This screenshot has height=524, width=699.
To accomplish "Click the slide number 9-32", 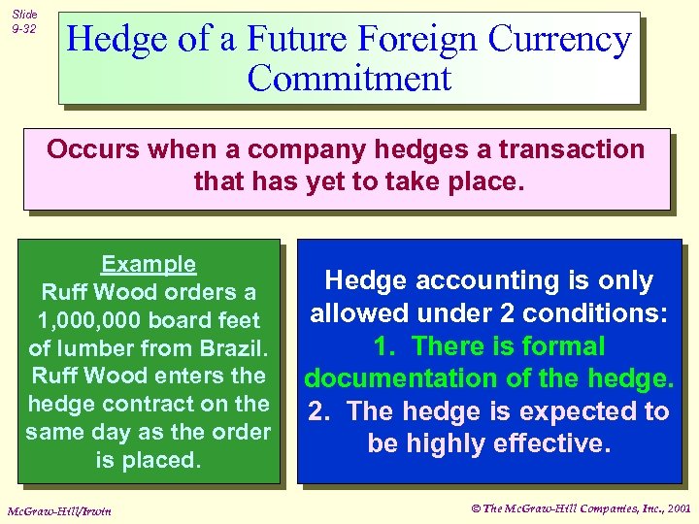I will coord(23,29).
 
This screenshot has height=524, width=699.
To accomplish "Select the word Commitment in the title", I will coord(349,78).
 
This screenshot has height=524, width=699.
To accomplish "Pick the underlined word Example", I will coord(149,264).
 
